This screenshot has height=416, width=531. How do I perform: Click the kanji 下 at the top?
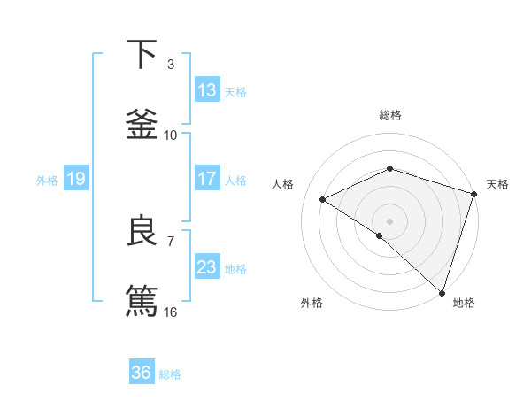click(142, 55)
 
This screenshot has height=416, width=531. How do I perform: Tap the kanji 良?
click(142, 231)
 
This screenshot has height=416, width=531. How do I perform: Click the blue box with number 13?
click(207, 90)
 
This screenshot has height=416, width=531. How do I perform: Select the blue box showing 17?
click(207, 179)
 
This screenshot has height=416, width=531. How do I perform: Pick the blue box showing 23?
click(207, 267)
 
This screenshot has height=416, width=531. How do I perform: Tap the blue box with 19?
click(76, 179)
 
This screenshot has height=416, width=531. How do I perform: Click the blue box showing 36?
click(142, 373)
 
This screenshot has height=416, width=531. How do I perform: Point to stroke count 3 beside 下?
click(171, 65)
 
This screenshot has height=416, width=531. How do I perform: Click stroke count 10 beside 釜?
click(171, 135)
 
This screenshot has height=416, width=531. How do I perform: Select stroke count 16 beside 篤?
click(171, 312)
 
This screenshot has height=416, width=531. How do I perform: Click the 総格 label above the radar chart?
click(390, 115)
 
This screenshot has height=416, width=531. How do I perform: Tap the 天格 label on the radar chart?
click(498, 184)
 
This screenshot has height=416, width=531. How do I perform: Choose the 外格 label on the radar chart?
click(312, 304)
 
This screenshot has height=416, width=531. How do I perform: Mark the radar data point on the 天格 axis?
click(474, 194)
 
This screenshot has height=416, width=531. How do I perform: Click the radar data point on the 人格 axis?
click(323, 199)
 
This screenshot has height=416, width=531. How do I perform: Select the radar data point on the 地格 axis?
click(442, 292)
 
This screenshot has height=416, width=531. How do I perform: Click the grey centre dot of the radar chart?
click(390, 220)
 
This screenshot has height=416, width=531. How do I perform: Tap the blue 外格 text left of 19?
click(47, 180)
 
